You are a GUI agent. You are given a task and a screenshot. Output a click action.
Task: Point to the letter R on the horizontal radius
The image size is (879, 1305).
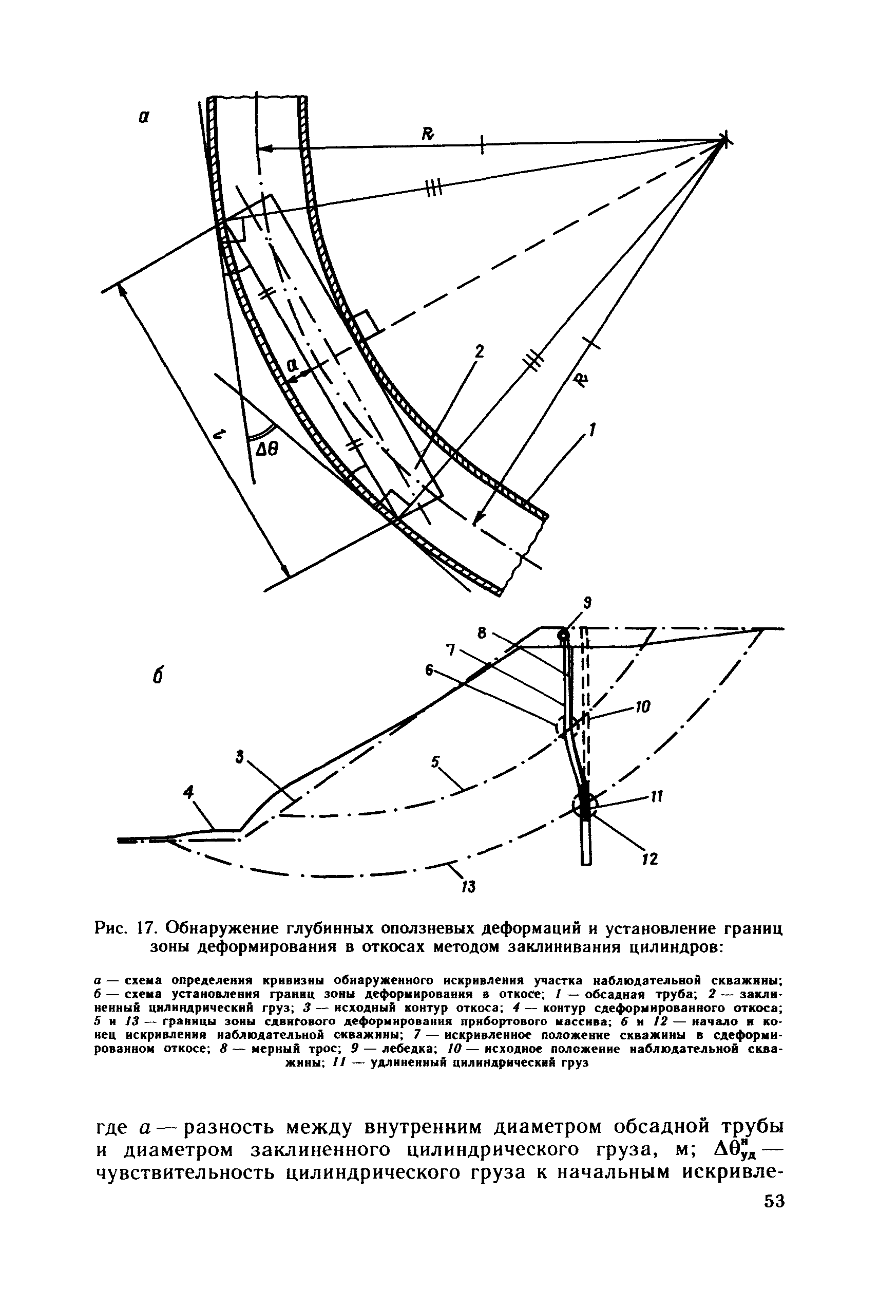pos(428,134)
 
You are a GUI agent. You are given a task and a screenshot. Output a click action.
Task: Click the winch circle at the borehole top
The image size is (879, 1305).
pos(563,636)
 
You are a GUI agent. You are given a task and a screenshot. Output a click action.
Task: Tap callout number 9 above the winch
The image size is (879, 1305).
pos(587,603)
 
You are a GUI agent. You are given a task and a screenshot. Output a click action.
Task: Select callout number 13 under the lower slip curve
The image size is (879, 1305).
pos(468,887)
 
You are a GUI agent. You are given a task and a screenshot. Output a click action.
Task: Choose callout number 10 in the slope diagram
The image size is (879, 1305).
pos(642,707)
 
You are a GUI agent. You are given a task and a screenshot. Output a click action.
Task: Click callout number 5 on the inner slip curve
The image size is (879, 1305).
pos(435,761)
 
